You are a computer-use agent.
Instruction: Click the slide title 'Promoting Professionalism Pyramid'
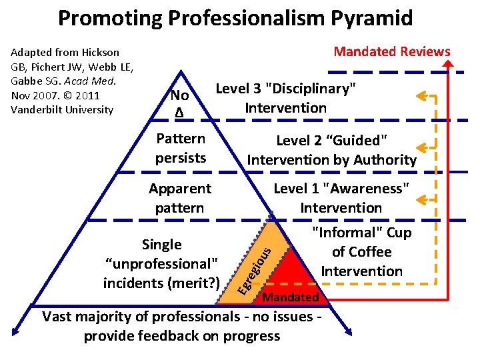[x=235, y=18]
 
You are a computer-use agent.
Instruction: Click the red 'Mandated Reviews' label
[x=391, y=52]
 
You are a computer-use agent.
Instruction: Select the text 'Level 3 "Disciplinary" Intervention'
[x=285, y=98]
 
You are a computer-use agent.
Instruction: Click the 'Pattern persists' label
[x=180, y=148]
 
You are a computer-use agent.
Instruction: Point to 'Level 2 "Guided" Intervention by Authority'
[x=331, y=149]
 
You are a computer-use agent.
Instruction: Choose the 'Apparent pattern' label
[x=179, y=198]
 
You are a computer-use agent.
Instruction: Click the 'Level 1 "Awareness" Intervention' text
[x=341, y=198]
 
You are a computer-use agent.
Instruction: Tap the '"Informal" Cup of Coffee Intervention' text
[x=362, y=251]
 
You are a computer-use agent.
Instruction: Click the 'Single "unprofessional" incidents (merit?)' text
[x=162, y=263]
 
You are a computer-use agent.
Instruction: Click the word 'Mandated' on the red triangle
[x=291, y=297]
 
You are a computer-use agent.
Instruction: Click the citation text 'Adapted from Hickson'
[x=65, y=52]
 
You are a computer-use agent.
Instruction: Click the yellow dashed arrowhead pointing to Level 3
[x=421, y=97]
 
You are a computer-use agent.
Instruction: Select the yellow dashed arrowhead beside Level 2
[x=421, y=147]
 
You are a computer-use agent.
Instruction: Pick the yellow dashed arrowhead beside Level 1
[x=421, y=198]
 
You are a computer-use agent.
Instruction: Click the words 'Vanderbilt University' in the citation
[x=62, y=109]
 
